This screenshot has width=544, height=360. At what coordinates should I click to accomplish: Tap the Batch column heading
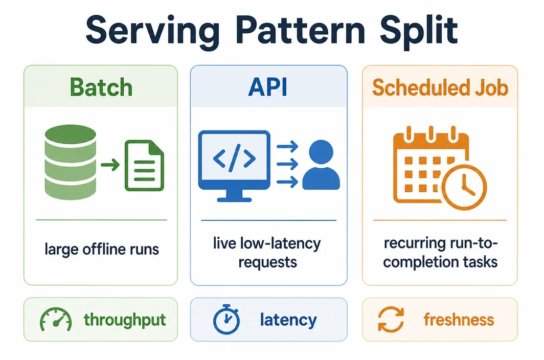101,87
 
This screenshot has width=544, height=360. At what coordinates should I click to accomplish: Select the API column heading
268,87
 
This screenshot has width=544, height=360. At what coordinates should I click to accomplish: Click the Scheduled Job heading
440,87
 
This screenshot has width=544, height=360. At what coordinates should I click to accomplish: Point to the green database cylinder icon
71,162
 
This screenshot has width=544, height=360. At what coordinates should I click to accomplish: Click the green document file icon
144,165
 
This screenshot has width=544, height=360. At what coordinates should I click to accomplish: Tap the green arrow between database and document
110,165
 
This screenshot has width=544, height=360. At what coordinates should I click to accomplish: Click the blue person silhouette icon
321,165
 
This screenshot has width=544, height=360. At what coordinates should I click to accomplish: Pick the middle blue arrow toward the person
287,164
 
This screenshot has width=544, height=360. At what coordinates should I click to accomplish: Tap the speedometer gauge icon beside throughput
56,319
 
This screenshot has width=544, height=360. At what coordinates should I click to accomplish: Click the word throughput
125,320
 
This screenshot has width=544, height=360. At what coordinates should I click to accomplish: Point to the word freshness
459,320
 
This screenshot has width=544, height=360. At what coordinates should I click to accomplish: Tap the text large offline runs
102,249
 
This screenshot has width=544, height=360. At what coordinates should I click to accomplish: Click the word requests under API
267,262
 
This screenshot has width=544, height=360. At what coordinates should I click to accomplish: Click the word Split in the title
419,31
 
